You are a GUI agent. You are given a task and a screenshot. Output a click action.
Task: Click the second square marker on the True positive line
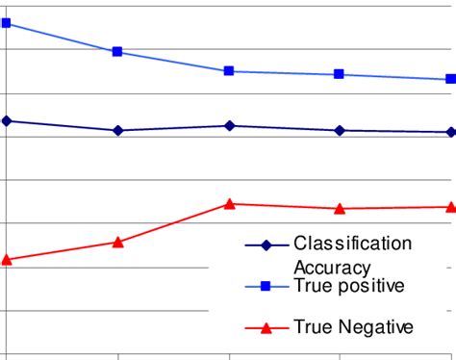point(117,52)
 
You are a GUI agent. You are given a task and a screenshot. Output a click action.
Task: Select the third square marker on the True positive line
point(229,71)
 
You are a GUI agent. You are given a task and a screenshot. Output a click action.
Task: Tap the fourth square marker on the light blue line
point(340,75)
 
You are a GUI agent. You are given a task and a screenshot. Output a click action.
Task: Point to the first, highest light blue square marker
point(6,22)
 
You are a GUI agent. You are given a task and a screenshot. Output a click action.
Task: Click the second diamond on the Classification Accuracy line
point(117,130)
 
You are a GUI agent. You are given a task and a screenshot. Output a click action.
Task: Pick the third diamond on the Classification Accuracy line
point(229,125)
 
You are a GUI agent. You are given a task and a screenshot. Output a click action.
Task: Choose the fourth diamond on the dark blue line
point(340,130)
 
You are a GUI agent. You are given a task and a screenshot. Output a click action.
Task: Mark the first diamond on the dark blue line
point(6,120)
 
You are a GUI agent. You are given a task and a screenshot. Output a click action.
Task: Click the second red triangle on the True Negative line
point(117,242)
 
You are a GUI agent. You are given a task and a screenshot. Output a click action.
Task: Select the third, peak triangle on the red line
point(229,203)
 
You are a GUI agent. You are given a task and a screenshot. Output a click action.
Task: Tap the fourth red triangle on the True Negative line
point(340,208)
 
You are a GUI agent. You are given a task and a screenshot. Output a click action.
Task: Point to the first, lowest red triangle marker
point(6,259)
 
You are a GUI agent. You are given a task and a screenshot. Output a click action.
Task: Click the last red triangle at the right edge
point(450,206)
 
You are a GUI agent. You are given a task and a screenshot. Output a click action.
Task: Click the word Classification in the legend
point(352,244)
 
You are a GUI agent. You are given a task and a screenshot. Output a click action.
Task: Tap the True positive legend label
point(349,286)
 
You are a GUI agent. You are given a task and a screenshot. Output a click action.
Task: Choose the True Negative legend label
point(353,327)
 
